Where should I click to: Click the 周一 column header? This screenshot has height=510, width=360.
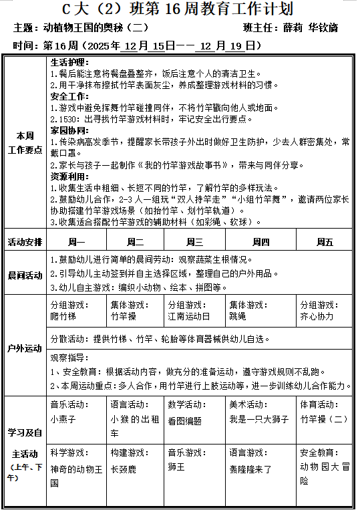click(77, 241)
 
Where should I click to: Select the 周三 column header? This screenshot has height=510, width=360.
click(195, 241)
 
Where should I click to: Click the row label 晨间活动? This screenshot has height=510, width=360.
click(25, 275)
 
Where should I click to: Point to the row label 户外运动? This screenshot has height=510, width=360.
click(25, 348)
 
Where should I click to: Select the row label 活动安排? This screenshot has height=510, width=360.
click(25, 242)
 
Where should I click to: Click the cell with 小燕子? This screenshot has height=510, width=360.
click(63, 419)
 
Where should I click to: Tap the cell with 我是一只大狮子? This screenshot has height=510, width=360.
click(258, 419)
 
